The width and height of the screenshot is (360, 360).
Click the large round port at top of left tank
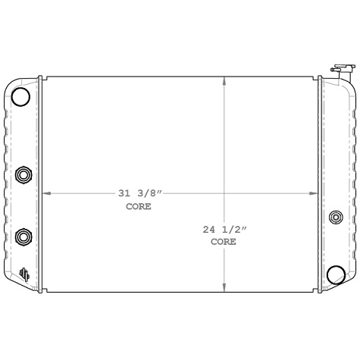pyautogui.click(x=21, y=96)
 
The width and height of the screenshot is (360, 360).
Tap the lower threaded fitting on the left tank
pyautogui.click(x=24, y=237)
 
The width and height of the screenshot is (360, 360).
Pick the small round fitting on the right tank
pyautogui.click(x=336, y=218)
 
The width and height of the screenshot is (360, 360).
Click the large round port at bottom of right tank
pyautogui.click(x=334, y=274)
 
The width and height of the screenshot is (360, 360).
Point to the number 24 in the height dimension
pyautogui.click(x=209, y=229)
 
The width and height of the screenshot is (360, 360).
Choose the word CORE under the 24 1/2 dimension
pyautogui.click(x=224, y=242)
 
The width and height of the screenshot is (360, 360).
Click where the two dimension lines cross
pyautogui.click(x=224, y=194)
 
